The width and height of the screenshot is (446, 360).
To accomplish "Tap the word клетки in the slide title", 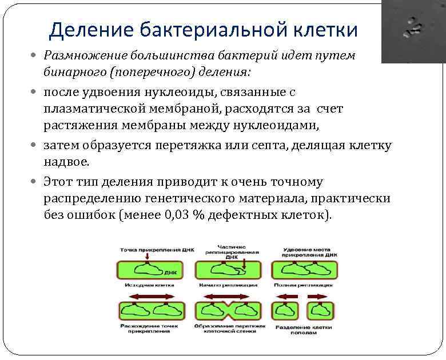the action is pyautogui.click(x=325, y=30).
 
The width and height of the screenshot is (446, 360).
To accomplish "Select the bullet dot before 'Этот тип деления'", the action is pyautogui.click(x=37, y=181).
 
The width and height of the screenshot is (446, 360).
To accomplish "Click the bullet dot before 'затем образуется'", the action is pyautogui.click(x=37, y=145).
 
